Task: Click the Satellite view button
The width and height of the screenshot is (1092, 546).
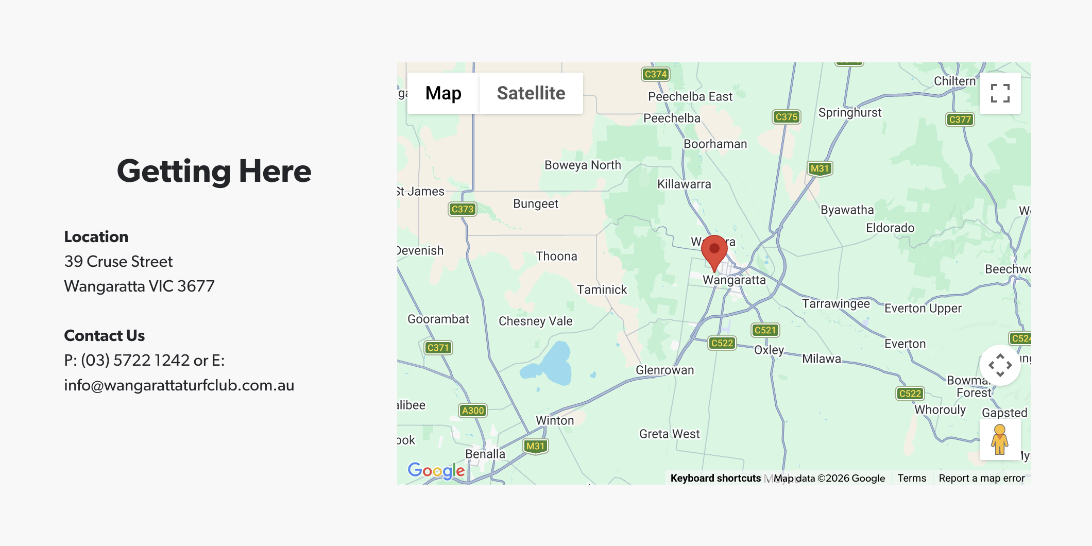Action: pyautogui.click(x=531, y=93)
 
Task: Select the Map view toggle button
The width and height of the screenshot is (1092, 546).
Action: pyautogui.click(x=443, y=93)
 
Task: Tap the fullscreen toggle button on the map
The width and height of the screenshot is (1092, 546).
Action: pyautogui.click(x=1000, y=93)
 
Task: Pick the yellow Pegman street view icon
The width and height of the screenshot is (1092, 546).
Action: pyautogui.click(x=999, y=439)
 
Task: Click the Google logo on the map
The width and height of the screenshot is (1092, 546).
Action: pyautogui.click(x=436, y=470)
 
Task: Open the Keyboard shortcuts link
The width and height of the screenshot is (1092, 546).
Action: pyautogui.click(x=715, y=478)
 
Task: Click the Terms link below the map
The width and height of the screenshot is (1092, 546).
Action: pyautogui.click(x=911, y=478)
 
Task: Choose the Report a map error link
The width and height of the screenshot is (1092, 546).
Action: pyautogui.click(x=981, y=478)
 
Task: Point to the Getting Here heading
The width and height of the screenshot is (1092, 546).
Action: pyautogui.click(x=214, y=171)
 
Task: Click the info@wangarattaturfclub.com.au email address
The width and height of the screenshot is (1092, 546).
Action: pyautogui.click(x=179, y=385)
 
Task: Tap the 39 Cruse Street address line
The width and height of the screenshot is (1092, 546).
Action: pyautogui.click(x=118, y=262)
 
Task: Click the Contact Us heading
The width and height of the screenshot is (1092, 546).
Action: pyautogui.click(x=104, y=336)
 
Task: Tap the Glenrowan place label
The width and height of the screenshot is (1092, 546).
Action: pyautogui.click(x=664, y=370)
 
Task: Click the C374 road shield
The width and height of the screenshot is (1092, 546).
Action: pyautogui.click(x=655, y=74)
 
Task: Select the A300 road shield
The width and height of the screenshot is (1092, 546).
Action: pyautogui.click(x=472, y=411)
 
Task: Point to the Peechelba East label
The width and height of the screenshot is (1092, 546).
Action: pyautogui.click(x=690, y=96)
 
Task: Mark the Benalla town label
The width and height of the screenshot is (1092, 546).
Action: pyautogui.click(x=485, y=454)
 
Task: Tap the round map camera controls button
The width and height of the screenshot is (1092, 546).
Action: pyautogui.click(x=1000, y=365)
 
